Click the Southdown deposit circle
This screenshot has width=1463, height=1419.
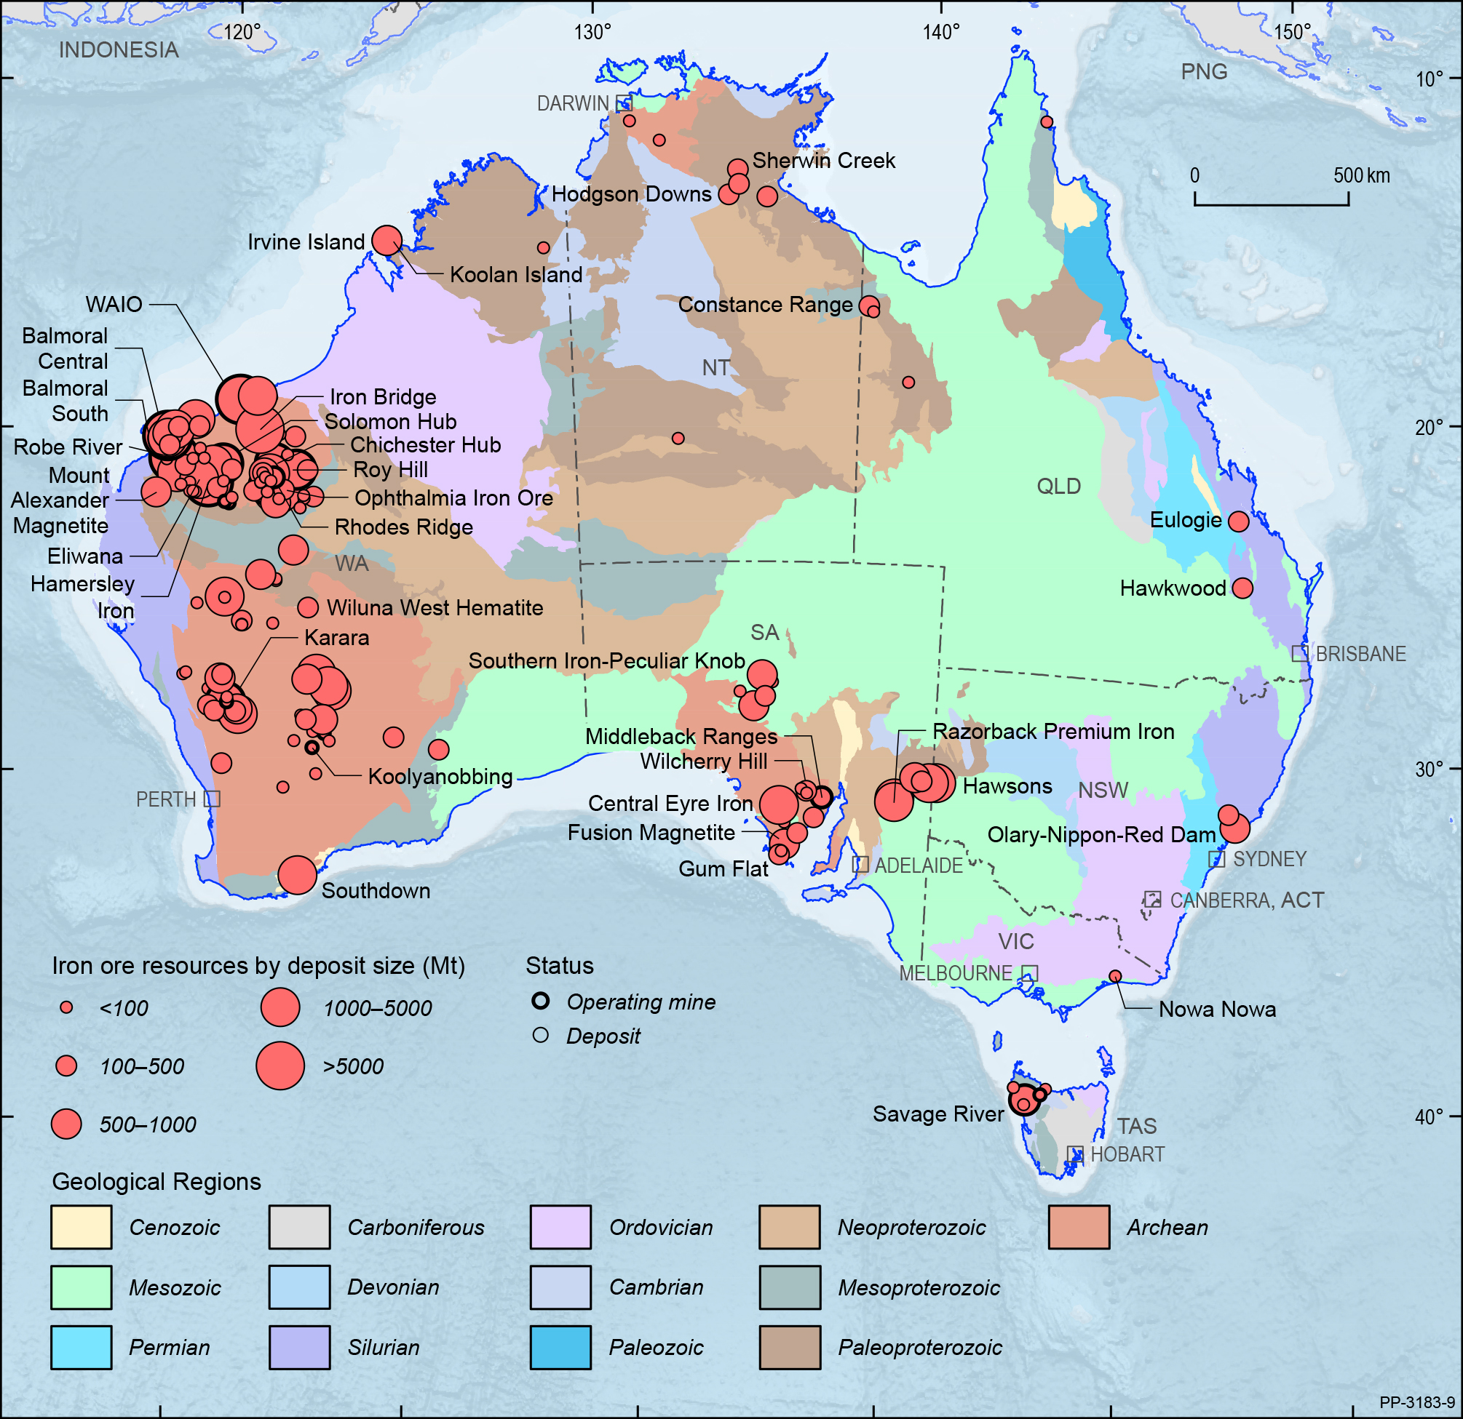point(297,874)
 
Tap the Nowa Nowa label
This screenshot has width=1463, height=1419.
point(1217,1010)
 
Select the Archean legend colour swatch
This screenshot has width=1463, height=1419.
point(1079,1227)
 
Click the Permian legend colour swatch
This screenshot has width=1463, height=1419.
point(82,1348)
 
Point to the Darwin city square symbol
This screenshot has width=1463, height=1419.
point(624,103)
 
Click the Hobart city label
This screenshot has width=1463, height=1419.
point(1127,1154)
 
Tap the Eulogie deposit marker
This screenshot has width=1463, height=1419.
point(1238,521)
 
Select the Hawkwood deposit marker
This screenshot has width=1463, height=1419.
point(1242,588)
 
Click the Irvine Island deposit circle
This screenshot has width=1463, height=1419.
point(386,240)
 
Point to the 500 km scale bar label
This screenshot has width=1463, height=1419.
point(1362,176)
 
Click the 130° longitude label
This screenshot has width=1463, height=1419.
point(592,32)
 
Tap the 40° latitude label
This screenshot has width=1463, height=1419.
point(1429,1117)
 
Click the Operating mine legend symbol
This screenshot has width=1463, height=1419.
point(540,1002)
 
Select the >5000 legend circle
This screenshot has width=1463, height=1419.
point(280,1066)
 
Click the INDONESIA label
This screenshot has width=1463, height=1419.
point(119,50)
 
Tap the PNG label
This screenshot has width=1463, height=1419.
point(1203,71)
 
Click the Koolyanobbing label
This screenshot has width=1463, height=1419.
point(440,777)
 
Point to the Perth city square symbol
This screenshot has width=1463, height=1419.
point(212,799)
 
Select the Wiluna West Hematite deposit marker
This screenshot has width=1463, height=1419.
point(308,607)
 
